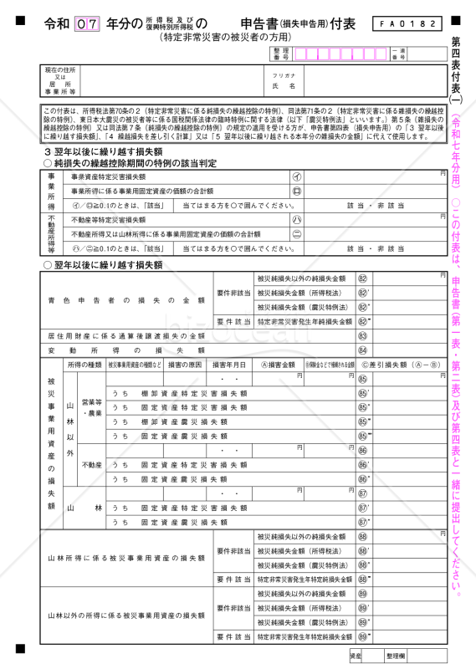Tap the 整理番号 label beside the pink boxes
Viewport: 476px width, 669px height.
click(x=280, y=54)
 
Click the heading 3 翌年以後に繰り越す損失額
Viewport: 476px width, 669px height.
click(x=103, y=151)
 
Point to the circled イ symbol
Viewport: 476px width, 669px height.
click(x=296, y=177)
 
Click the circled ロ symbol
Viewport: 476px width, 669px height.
click(x=296, y=191)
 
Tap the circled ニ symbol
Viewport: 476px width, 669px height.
click(x=296, y=234)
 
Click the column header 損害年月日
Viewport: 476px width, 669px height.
click(x=229, y=365)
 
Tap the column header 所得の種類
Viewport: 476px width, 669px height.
click(x=84, y=365)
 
